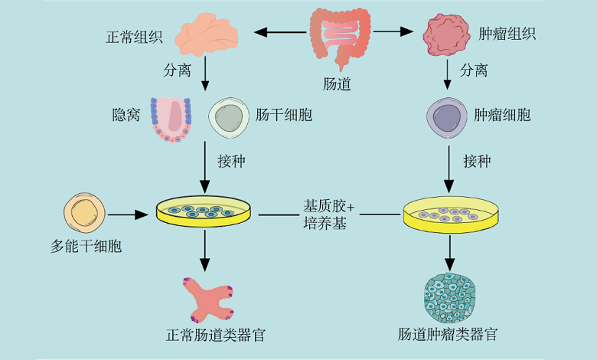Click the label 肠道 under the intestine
338,84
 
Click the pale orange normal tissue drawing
207,35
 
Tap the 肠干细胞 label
283,116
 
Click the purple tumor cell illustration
445,117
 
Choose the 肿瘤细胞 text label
502,116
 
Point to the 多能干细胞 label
86,247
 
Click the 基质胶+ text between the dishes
329,207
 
